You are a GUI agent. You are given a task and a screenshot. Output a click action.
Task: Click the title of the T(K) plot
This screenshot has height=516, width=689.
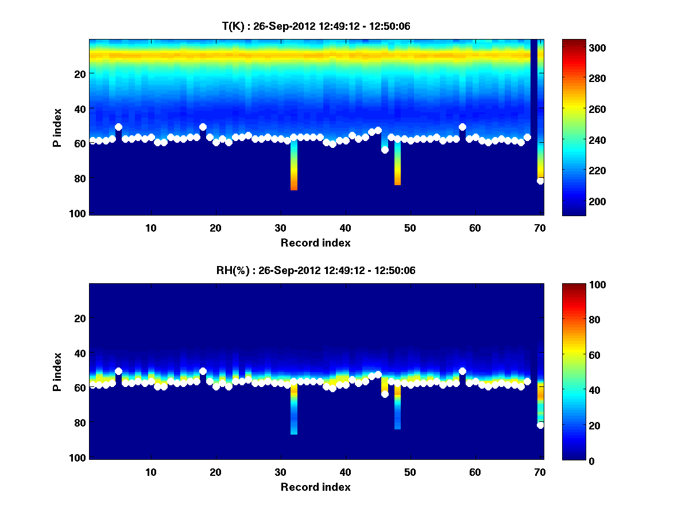[316, 26]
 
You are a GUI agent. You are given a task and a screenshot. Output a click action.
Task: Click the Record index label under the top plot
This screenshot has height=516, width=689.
[316, 243]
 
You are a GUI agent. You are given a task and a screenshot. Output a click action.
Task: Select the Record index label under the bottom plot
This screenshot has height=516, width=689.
[316, 487]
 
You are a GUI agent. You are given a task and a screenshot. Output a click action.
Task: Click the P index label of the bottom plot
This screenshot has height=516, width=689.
[57, 372]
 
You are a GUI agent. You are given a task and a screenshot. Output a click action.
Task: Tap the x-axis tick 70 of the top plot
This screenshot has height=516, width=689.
[540, 228]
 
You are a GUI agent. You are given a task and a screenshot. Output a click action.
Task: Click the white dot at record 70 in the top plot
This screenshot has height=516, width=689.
[540, 181]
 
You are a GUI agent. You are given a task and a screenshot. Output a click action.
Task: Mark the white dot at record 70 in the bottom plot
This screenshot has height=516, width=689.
[540, 425]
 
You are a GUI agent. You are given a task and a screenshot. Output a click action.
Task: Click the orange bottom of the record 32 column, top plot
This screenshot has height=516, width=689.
[294, 186]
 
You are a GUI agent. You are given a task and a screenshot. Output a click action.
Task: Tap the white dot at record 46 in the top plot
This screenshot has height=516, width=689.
[385, 150]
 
